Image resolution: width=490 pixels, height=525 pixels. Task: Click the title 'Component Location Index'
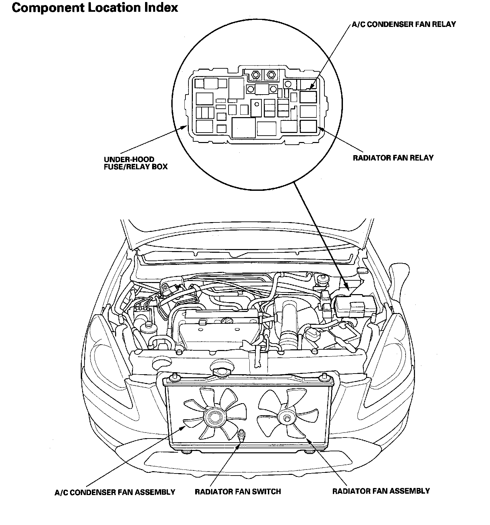95,8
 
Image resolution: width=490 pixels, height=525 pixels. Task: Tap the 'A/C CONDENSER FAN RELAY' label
404,24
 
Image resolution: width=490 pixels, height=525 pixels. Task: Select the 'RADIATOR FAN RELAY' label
393,157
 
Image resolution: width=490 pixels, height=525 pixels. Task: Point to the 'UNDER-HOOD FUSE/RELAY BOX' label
136,163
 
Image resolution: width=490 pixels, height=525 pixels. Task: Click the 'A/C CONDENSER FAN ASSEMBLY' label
115,492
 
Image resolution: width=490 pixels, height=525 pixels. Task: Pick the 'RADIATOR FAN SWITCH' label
238,491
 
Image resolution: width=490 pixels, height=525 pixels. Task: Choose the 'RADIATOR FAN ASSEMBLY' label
381,491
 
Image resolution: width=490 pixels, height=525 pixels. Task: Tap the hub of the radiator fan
286,418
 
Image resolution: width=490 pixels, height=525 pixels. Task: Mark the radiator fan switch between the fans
241,435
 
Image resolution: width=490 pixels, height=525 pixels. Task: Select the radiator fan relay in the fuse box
308,126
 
